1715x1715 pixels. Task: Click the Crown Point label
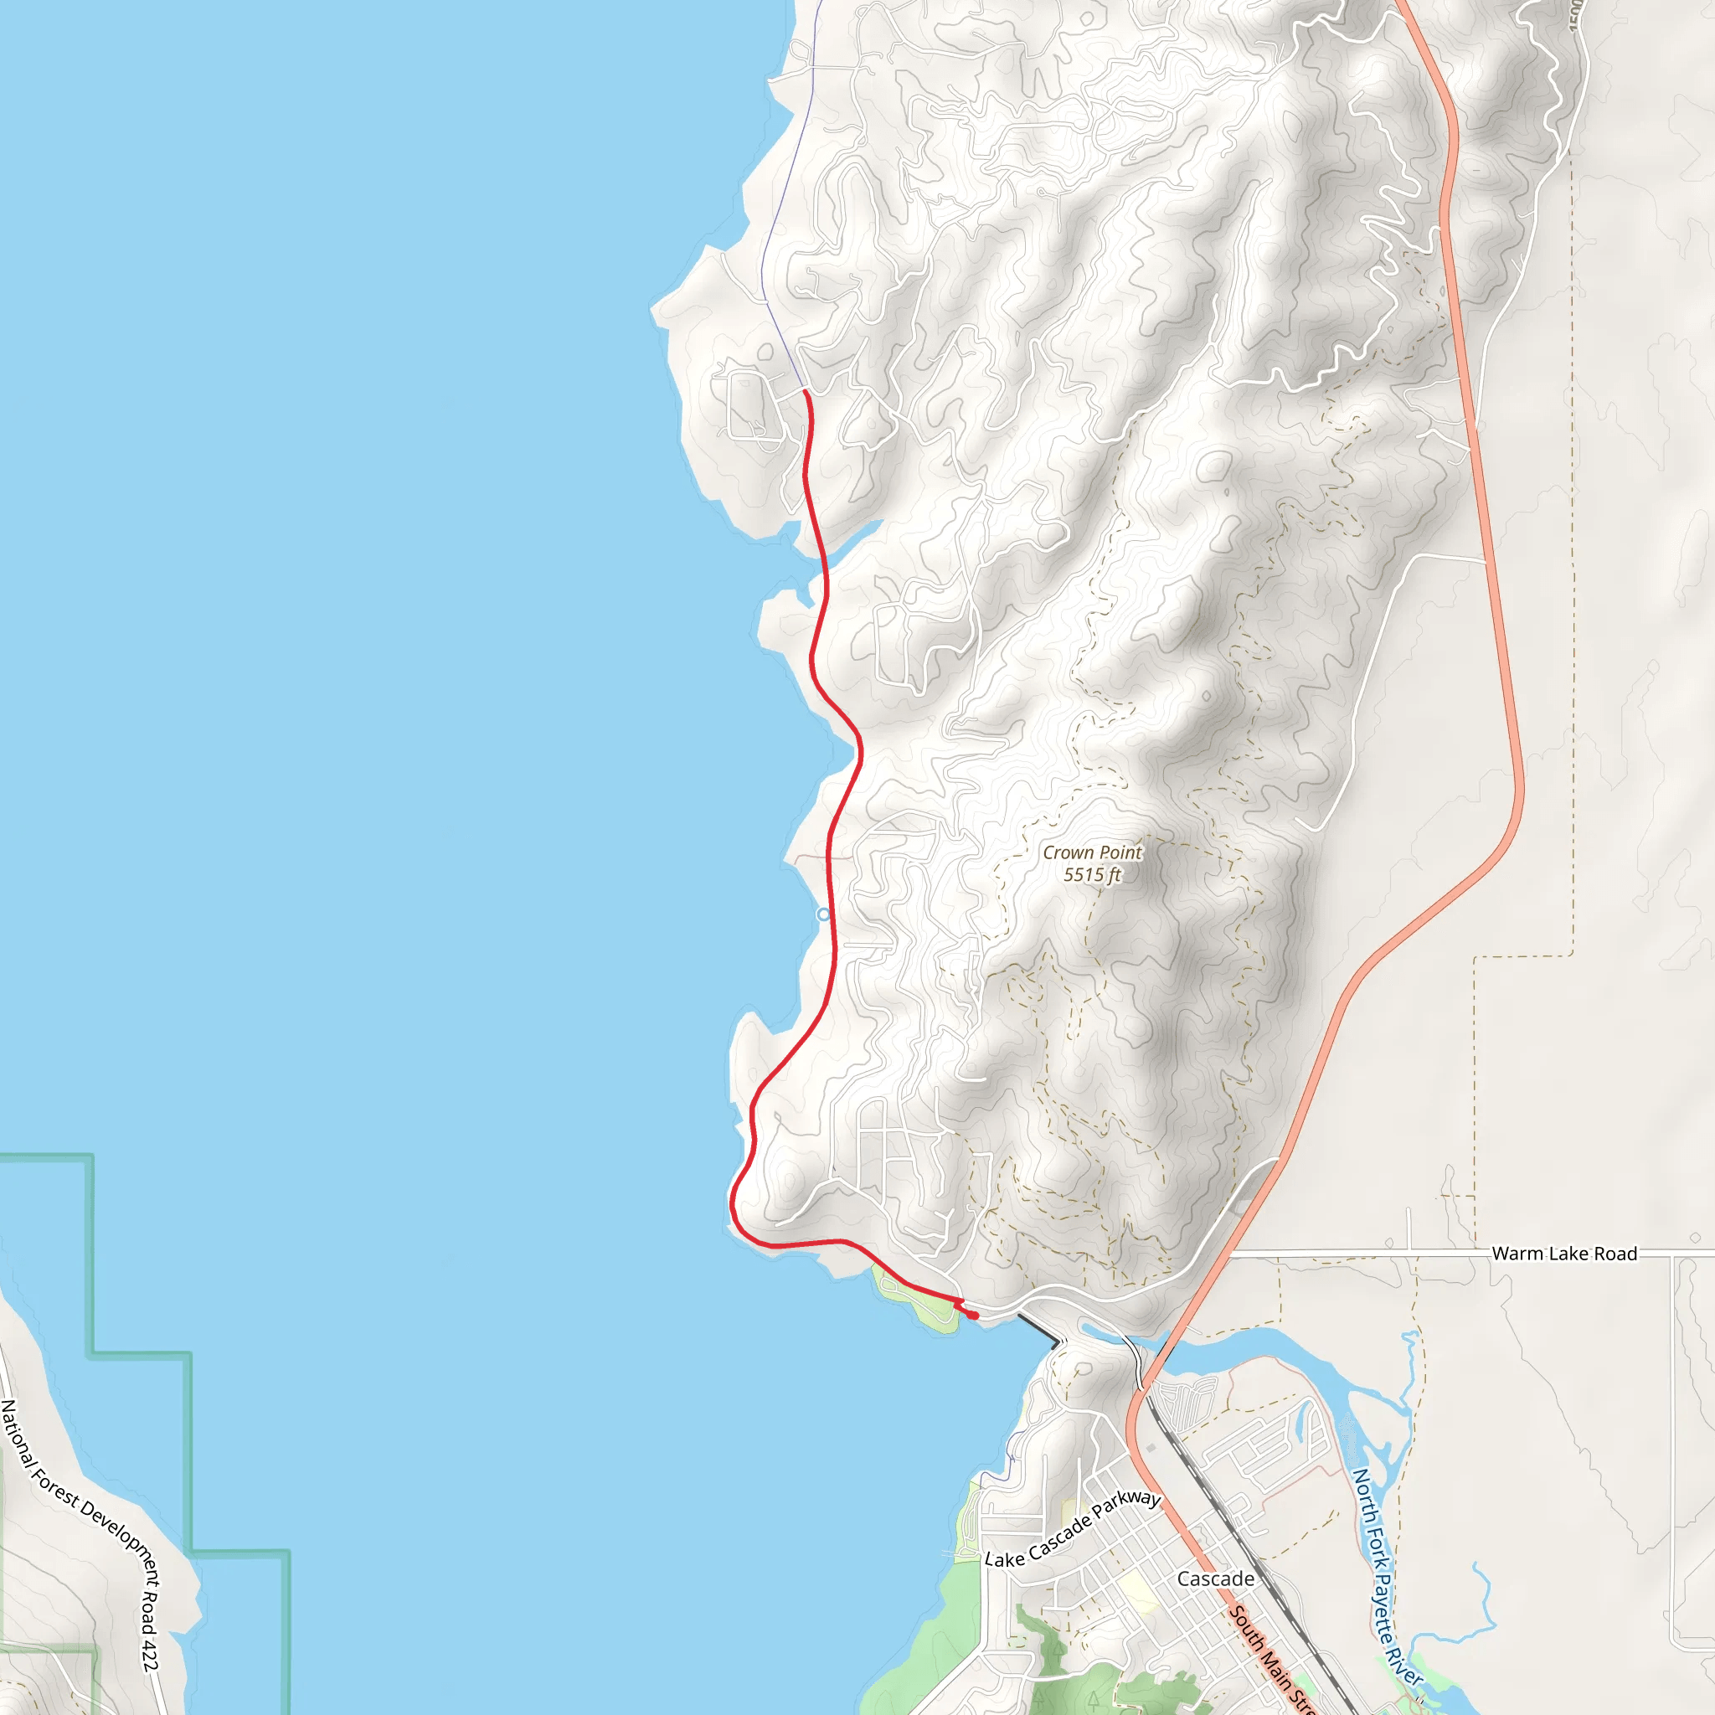tap(1092, 852)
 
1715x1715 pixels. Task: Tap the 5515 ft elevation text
tap(1092, 874)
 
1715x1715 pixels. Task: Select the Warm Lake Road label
tap(1564, 1254)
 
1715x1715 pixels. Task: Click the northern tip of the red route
tap(805, 390)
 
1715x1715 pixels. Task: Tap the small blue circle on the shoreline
tap(824, 914)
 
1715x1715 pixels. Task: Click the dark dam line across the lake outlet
tap(1038, 1330)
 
